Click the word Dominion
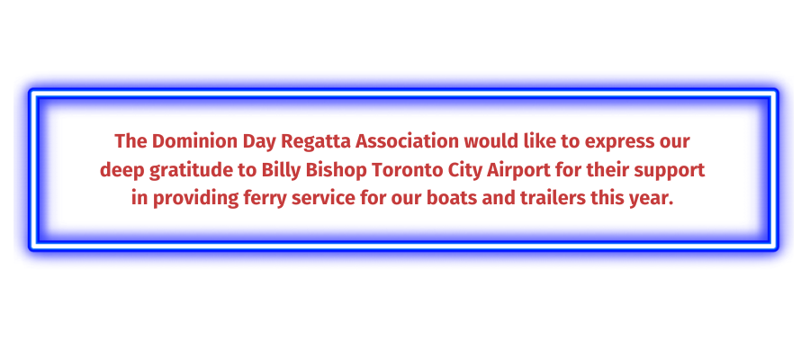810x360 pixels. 193,141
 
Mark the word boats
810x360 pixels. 451,199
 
